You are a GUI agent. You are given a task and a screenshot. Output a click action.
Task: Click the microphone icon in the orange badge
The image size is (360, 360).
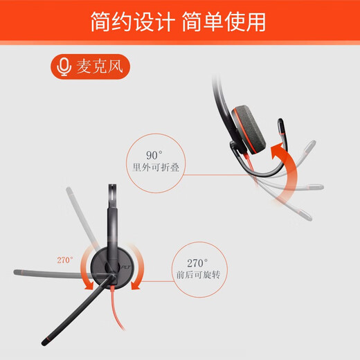pos(64,66)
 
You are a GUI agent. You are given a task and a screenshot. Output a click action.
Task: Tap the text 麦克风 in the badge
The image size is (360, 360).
pos(100,66)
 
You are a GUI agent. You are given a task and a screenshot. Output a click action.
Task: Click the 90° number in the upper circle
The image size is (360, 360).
pos(154,155)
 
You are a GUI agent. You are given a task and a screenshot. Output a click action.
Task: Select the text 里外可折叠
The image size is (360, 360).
pos(156,168)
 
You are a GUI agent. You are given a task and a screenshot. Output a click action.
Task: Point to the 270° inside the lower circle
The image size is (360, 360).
pos(197,263)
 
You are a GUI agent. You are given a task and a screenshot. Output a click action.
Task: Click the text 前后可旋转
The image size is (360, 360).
pos(199,275)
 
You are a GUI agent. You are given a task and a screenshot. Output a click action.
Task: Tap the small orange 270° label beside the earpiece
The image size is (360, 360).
pos(65,260)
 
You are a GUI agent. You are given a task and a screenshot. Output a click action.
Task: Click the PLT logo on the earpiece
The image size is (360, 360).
pos(126,267)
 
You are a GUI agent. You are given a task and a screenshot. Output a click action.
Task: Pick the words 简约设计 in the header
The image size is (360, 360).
pos(132,21)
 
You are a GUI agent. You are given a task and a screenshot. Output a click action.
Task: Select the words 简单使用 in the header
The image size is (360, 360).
pos(224,21)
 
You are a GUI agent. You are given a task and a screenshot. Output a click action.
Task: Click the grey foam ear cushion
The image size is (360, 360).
pos(249,129)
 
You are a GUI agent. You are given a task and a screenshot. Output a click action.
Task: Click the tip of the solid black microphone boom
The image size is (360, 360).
pos(44,343)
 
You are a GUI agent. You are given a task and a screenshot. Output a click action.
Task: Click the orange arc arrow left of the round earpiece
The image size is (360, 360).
pos(86,269)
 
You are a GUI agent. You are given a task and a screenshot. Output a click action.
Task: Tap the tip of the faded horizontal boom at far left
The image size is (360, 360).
pos(15,272)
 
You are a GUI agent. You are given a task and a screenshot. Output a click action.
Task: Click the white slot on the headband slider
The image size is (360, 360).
pos(112,193)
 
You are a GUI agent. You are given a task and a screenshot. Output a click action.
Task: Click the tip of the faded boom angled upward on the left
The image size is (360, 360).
pos(69,190)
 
